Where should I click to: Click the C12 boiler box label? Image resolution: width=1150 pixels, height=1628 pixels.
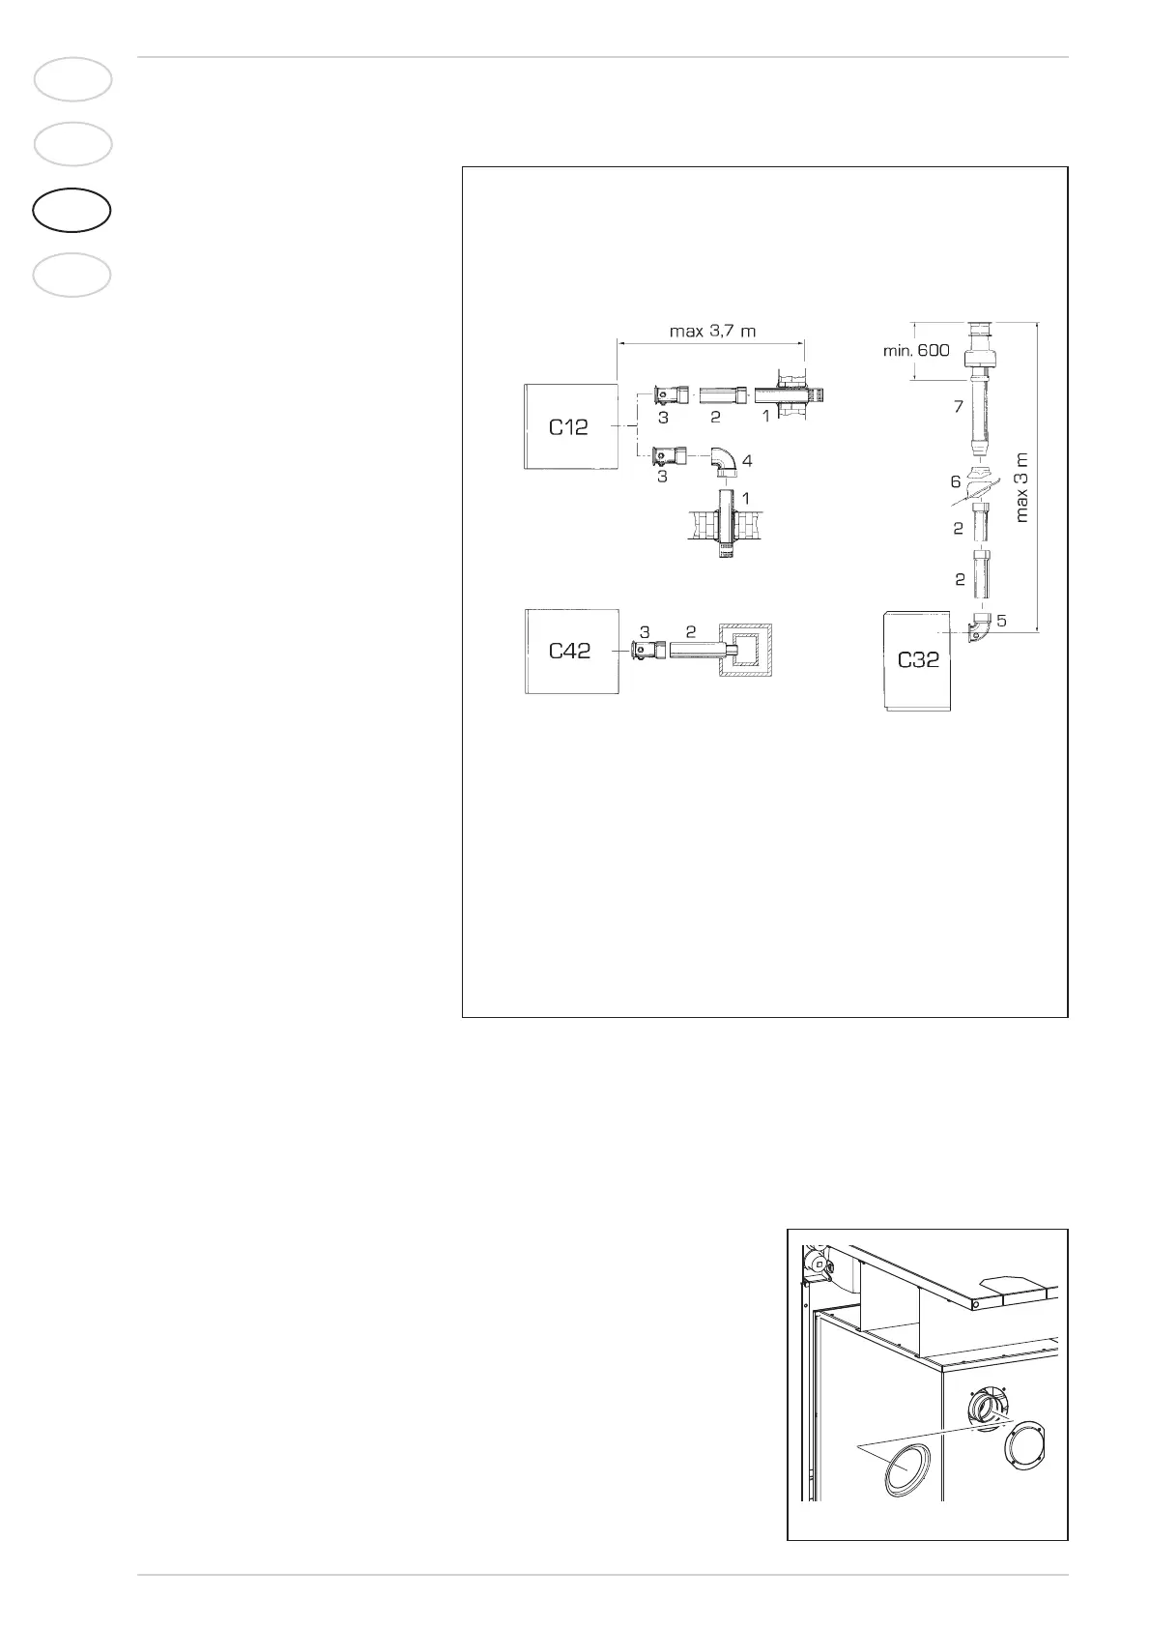pos(568,426)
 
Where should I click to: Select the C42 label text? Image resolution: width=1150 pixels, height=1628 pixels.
pos(569,651)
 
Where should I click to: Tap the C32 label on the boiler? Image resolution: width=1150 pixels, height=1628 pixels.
pos(918,661)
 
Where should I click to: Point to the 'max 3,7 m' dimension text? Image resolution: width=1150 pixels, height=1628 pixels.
pos(712,331)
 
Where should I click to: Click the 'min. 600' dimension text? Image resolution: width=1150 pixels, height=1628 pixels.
pos(915,350)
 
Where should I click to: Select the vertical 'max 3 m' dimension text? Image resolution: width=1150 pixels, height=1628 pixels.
pos(1022,486)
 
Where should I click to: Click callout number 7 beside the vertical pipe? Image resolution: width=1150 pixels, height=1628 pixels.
pos(959,407)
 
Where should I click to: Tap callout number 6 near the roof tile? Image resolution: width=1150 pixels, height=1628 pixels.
pos(956,480)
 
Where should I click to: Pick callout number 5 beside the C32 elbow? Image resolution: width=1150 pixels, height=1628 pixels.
pos(1002,621)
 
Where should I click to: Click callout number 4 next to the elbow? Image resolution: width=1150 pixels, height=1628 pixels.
pos(746,461)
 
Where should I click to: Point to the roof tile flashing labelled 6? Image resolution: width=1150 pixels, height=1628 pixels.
pos(980,479)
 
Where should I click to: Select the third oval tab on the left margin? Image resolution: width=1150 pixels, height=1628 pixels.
pos(72,210)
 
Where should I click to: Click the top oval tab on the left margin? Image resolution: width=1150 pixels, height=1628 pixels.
pos(72,79)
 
